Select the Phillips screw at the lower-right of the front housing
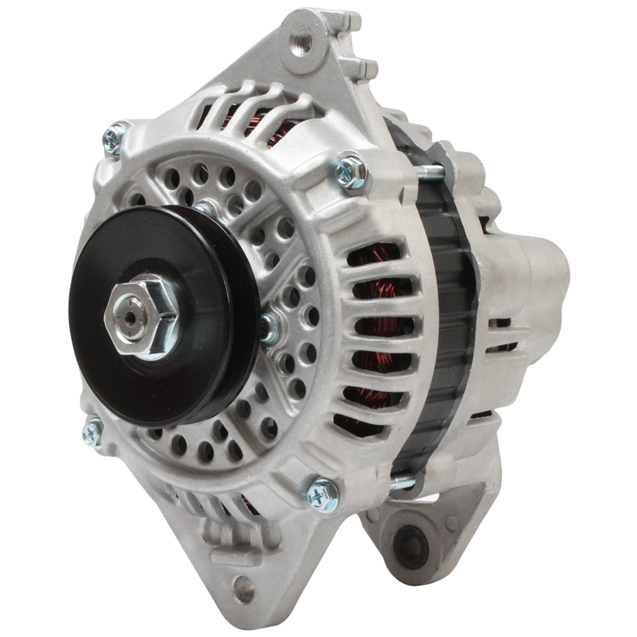(x=321, y=496)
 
